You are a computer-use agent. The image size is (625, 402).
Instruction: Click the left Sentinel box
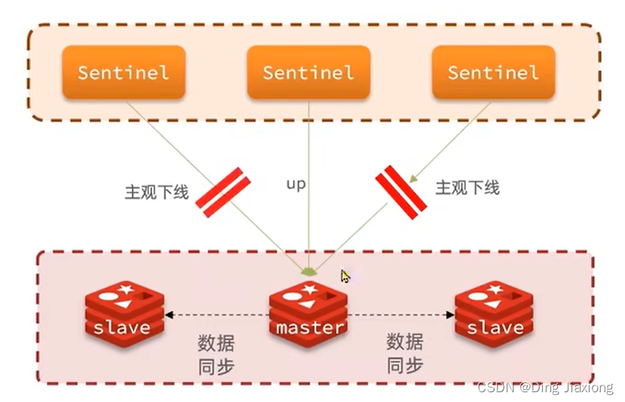point(123,72)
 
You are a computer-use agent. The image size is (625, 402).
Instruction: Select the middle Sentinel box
point(308,72)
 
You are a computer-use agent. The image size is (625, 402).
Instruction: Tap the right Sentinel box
point(493,72)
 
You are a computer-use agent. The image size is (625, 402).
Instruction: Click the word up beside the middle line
point(296,183)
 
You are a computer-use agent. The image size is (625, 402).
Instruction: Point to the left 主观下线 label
point(156,192)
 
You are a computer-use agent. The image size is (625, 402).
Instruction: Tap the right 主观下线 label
point(467,187)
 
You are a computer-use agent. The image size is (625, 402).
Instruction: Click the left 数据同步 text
point(216,355)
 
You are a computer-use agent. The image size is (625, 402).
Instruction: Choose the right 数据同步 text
point(405,355)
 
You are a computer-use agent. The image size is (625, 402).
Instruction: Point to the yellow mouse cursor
point(345,276)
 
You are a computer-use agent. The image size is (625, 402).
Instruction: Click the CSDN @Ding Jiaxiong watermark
point(545,388)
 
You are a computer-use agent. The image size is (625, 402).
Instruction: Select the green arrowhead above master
point(309,270)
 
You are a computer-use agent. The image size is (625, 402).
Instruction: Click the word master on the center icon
point(309,327)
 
